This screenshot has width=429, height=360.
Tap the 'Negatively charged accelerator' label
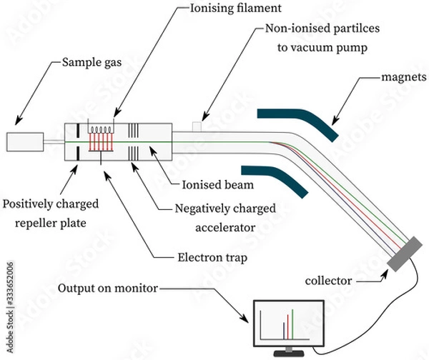[222, 219]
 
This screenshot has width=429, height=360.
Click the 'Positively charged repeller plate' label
[49, 212]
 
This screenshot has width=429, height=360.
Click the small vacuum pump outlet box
[197, 126]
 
